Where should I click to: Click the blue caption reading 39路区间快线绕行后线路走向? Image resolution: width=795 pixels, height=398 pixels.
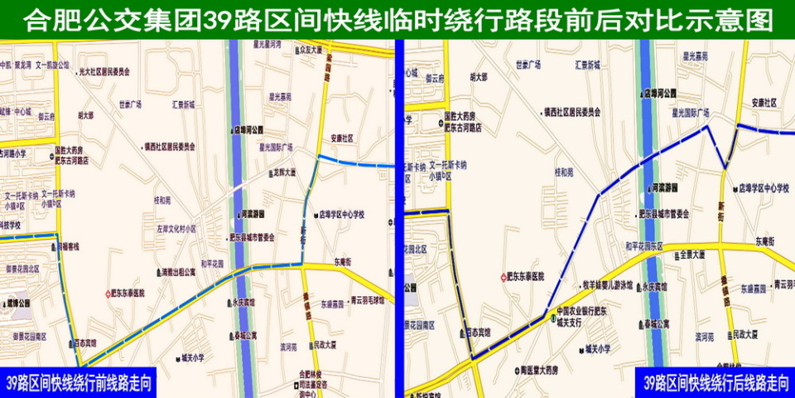[715, 383]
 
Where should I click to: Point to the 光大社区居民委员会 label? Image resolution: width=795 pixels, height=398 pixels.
[104, 72]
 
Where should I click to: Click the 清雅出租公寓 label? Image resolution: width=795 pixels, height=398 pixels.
[178, 271]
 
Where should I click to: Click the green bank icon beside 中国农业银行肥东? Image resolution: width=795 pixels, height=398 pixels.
[552, 316]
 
